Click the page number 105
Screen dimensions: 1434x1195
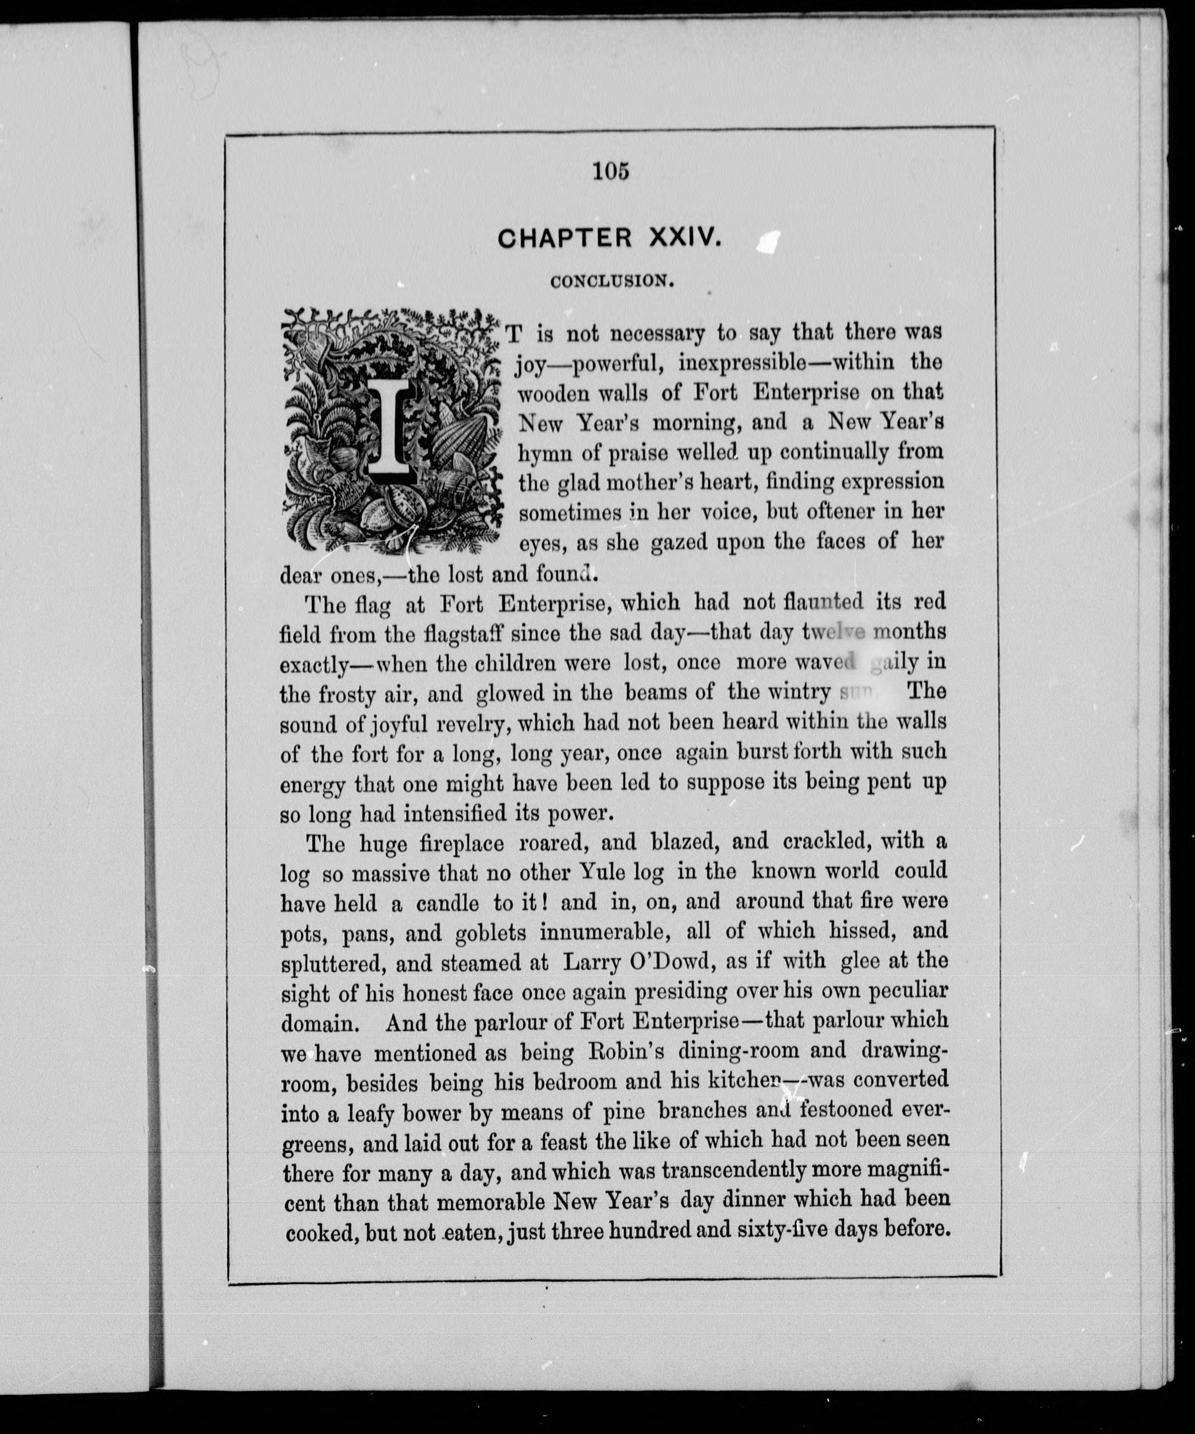tap(611, 171)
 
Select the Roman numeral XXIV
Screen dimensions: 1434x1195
tap(683, 238)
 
